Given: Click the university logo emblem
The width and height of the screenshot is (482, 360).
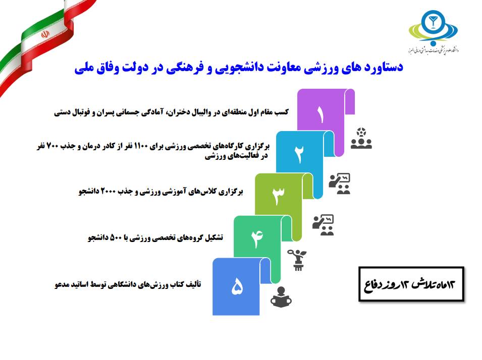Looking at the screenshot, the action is click(x=433, y=28).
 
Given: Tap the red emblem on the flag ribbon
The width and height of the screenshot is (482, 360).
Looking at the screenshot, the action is click(x=45, y=34).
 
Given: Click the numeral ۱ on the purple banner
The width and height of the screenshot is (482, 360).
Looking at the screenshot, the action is click(x=320, y=115).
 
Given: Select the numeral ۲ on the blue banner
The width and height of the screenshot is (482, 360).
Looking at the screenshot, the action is click(x=299, y=154).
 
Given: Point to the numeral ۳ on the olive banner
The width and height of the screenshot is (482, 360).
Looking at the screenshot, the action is click(x=278, y=195).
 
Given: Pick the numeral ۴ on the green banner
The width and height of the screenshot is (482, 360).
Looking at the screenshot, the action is click(x=257, y=238).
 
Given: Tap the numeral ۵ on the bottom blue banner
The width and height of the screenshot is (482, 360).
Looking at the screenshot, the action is click(x=237, y=286).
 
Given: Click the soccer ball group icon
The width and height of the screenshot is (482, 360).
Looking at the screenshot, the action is click(x=361, y=139).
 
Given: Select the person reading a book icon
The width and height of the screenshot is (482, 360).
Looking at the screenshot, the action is click(x=281, y=297).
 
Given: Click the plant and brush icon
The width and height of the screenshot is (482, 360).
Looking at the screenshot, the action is click(x=297, y=260).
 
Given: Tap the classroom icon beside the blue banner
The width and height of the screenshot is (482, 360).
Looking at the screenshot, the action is click(x=339, y=184).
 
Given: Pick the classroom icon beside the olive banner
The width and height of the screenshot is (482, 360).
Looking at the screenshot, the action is click(x=323, y=225).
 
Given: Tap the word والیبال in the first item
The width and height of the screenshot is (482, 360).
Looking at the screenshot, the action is click(x=199, y=112).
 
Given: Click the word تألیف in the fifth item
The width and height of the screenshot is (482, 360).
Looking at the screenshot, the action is click(x=194, y=284).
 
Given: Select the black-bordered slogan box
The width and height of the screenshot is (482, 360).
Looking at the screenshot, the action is click(x=411, y=284).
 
